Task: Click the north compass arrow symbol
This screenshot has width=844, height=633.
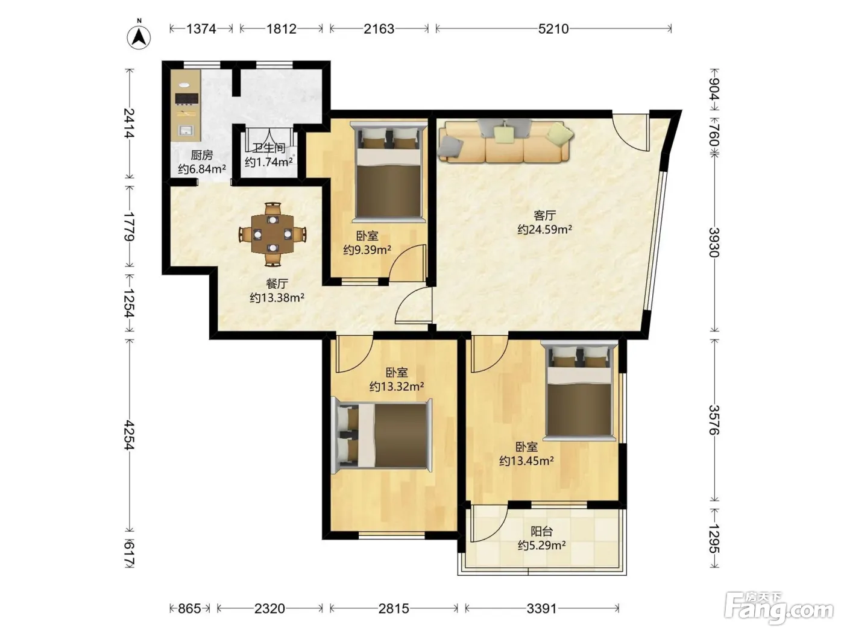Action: tap(139, 36)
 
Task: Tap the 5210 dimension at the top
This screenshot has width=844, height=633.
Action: tap(553, 29)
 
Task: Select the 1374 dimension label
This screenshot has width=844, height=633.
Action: tap(201, 29)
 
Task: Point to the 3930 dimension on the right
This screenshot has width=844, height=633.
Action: tap(714, 242)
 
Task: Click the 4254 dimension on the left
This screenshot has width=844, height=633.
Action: tap(129, 435)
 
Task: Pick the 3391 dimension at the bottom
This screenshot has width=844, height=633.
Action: tap(541, 608)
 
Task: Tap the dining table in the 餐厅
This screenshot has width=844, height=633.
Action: tap(272, 235)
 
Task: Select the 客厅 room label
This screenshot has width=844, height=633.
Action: tap(544, 216)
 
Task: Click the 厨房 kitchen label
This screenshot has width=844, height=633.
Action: tap(202, 156)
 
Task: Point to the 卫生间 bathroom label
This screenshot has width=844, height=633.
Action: tap(269, 148)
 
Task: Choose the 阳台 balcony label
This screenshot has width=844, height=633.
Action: tap(541, 532)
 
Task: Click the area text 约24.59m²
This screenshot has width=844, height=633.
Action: tap(544, 230)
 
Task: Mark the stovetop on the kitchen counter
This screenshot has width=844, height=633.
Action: tap(187, 98)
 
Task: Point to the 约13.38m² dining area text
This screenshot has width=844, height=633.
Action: tap(277, 297)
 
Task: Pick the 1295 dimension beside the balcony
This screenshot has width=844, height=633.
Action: tap(714, 538)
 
